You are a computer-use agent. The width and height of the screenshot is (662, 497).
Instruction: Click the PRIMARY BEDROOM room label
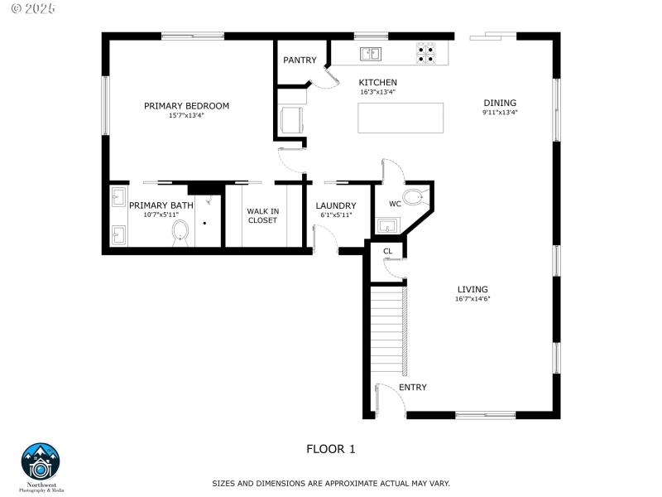coord(186,106)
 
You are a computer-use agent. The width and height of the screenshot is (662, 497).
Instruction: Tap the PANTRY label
coord(300,60)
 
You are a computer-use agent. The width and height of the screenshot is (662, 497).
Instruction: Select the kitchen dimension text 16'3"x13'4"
coord(377,92)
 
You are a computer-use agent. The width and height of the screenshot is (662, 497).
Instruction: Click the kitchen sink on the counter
coord(370,54)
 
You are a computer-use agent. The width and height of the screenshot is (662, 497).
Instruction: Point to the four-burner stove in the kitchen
coord(425,53)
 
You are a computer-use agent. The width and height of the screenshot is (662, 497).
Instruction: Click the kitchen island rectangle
coord(401,118)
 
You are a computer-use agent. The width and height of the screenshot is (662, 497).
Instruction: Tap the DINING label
coord(500,103)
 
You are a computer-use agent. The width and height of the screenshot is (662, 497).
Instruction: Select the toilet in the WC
coord(417,195)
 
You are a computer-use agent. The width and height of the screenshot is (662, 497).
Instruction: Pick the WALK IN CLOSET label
coord(262,215)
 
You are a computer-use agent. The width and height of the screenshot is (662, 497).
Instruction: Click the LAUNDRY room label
coord(336,205)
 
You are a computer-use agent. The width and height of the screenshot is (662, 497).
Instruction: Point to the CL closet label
coord(387,251)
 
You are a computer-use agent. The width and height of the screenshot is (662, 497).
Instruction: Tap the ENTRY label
coord(413,388)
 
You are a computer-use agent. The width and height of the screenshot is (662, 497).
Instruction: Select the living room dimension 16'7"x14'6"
coord(473,299)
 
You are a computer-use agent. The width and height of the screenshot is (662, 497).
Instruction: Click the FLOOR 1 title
coord(330,449)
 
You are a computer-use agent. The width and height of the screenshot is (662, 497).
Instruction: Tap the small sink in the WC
coord(386,225)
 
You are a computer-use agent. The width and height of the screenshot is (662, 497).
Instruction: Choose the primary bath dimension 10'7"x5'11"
coord(161,215)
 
